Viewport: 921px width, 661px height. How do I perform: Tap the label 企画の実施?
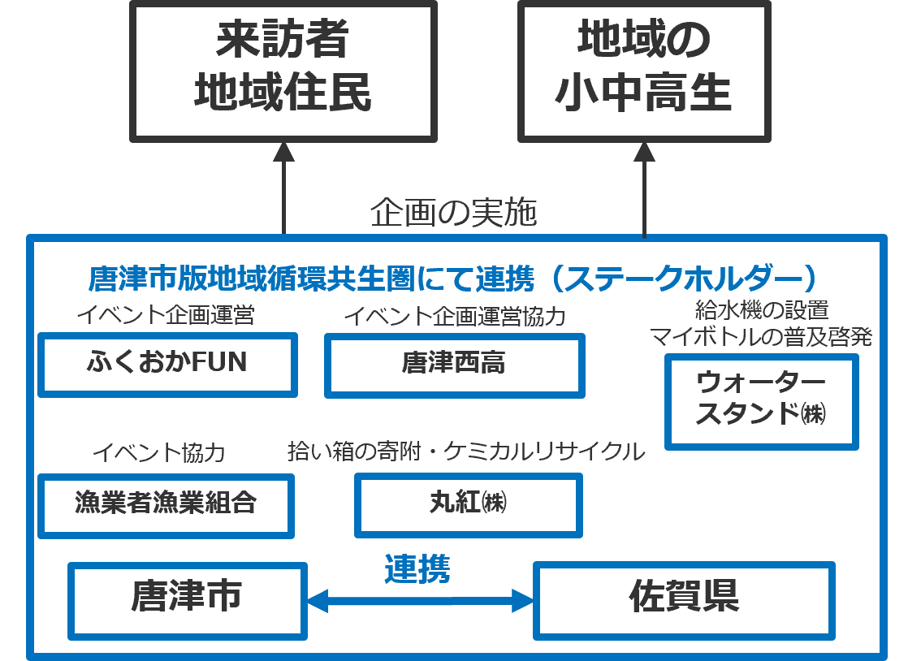click(454, 214)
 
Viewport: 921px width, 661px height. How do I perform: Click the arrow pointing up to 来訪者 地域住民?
click(283, 187)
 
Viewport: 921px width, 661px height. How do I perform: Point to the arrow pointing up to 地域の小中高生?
click(644, 187)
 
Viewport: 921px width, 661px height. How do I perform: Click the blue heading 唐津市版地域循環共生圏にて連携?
click(452, 279)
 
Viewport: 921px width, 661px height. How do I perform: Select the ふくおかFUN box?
click(167, 365)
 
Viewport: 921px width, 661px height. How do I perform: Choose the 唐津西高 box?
click(454, 365)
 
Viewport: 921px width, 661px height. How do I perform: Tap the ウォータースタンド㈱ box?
click(761, 401)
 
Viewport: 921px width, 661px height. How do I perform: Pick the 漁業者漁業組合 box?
click(166, 504)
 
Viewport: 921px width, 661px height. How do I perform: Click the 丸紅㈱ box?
click(468, 504)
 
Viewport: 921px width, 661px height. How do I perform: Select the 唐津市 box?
click(187, 599)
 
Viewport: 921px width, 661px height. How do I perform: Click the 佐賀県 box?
click(684, 599)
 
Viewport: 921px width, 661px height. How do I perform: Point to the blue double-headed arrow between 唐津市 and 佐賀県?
click(420, 601)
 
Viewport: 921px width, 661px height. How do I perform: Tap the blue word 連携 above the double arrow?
click(417, 569)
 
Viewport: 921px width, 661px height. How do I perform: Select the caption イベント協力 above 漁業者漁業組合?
click(158, 453)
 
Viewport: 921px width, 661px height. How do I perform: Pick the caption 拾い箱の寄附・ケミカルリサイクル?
click(465, 452)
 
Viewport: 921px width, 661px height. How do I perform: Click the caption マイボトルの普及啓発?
click(761, 337)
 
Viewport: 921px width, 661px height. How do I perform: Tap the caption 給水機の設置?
click(762, 310)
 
